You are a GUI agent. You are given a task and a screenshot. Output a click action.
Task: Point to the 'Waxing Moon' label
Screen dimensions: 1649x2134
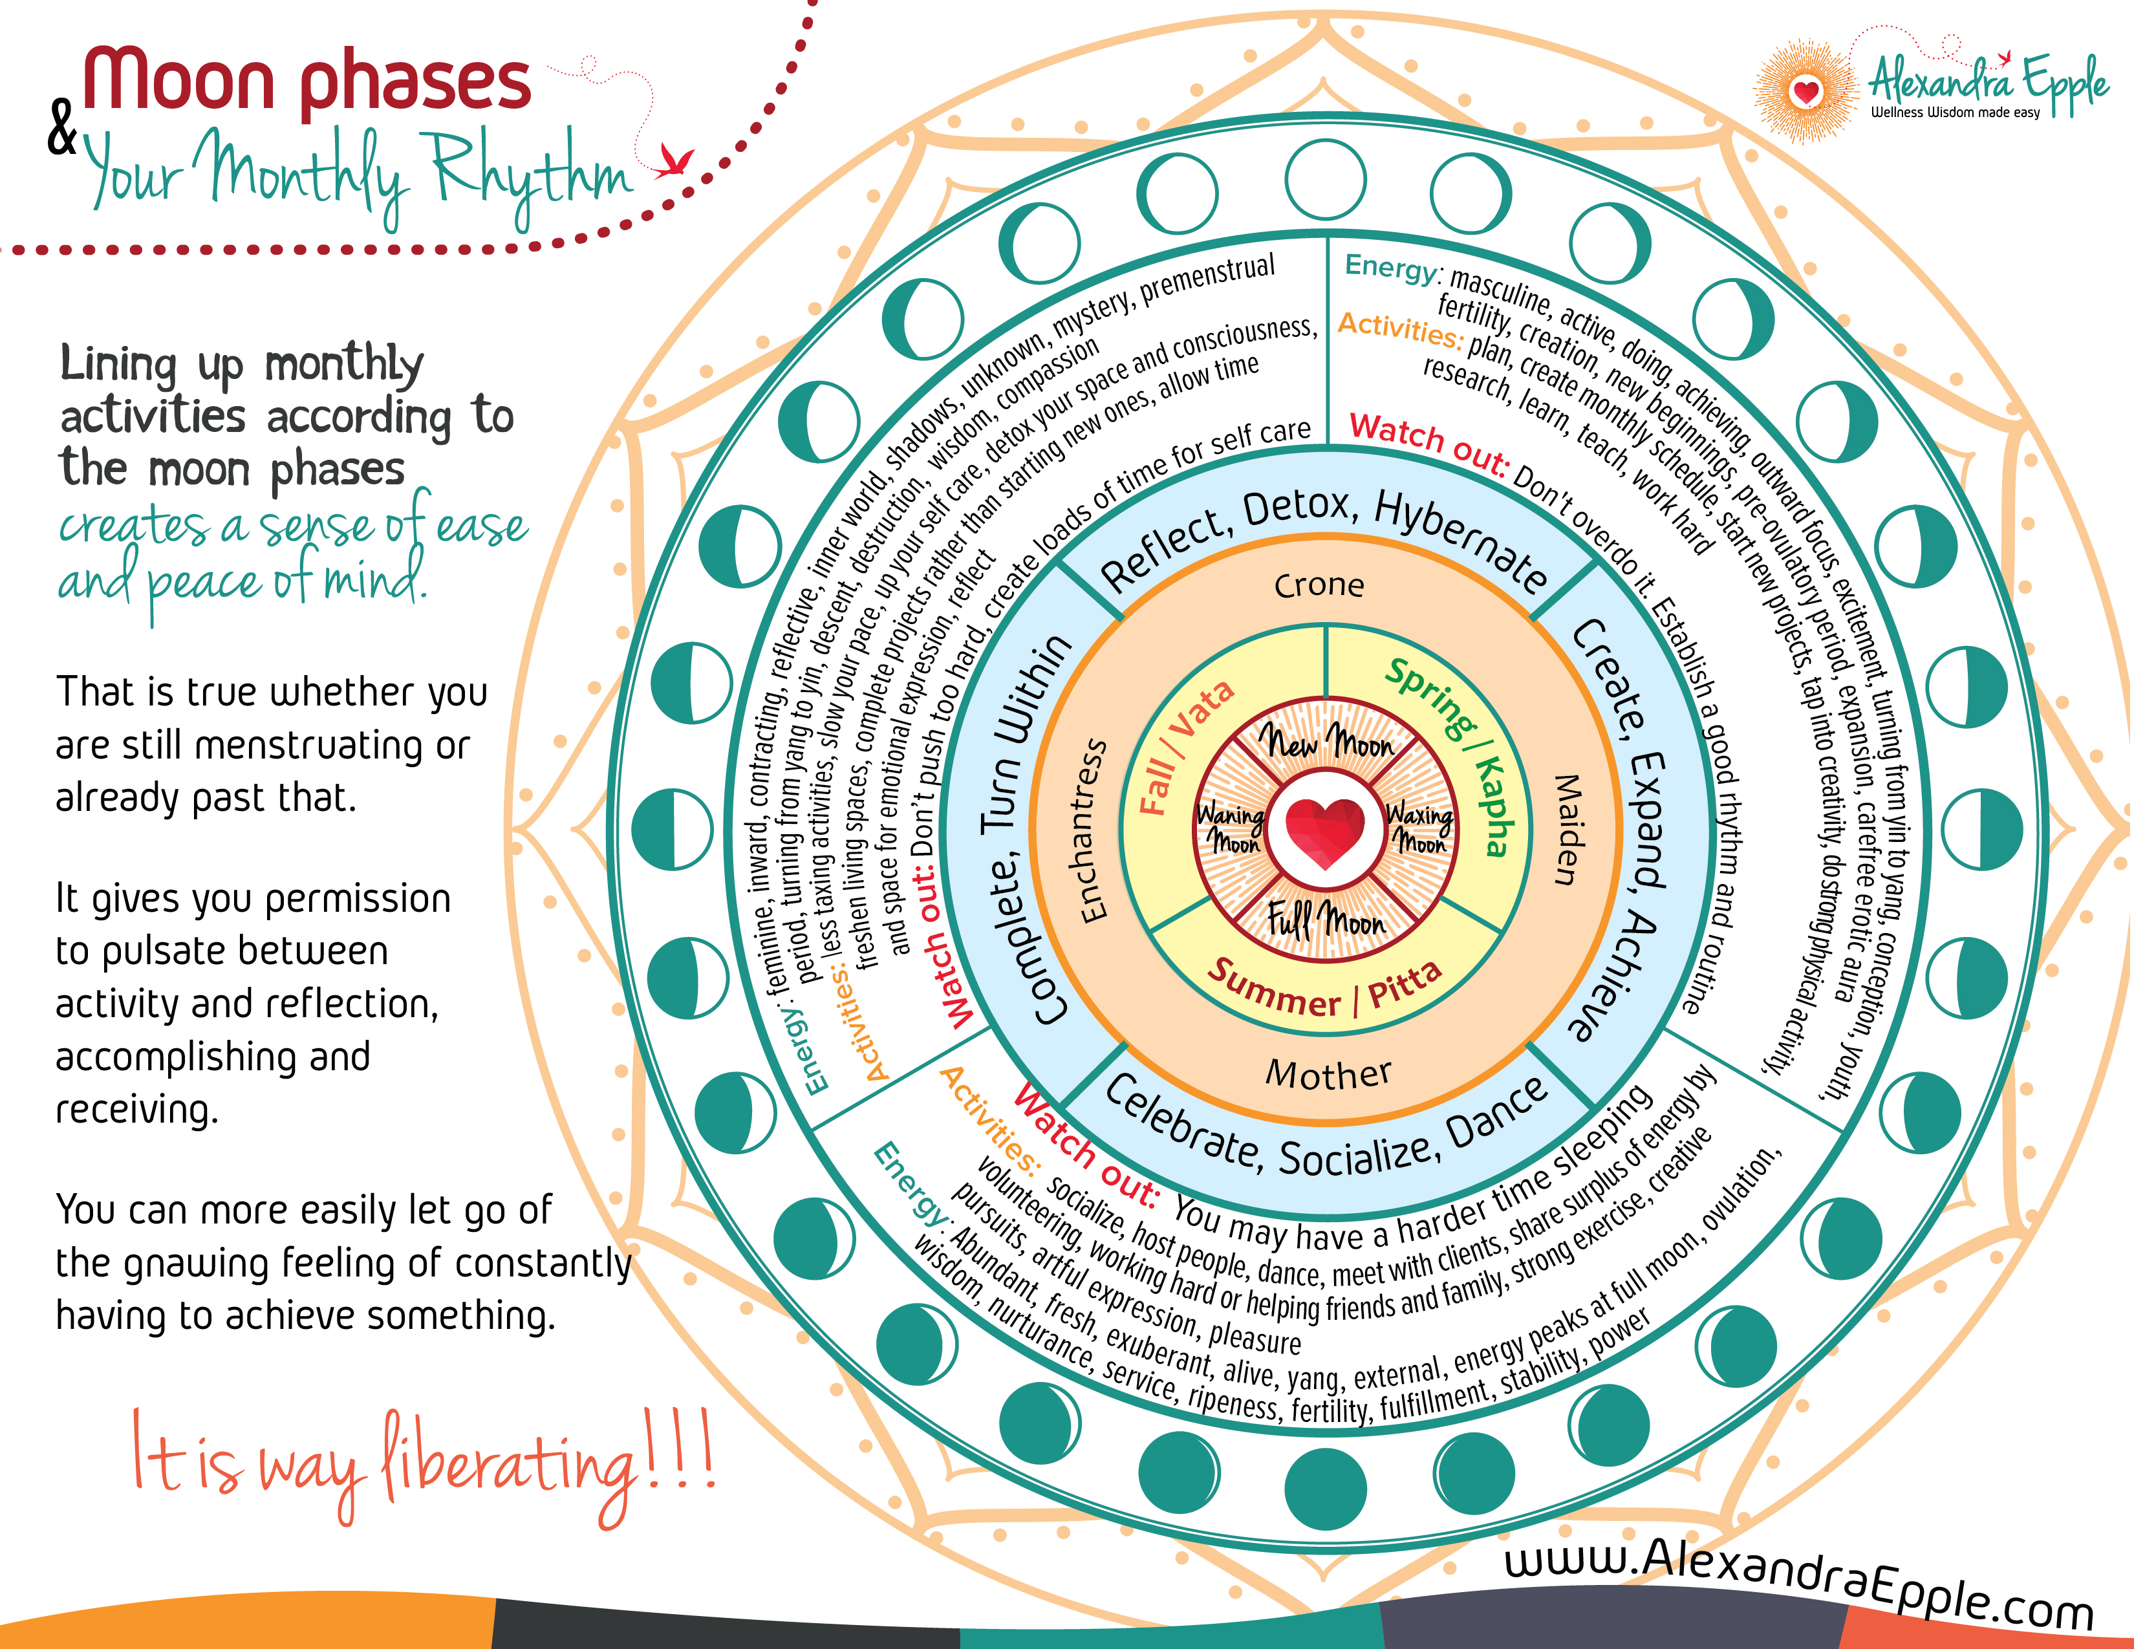[1419, 828]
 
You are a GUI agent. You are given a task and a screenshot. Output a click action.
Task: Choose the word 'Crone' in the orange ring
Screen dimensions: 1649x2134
[1319, 585]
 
